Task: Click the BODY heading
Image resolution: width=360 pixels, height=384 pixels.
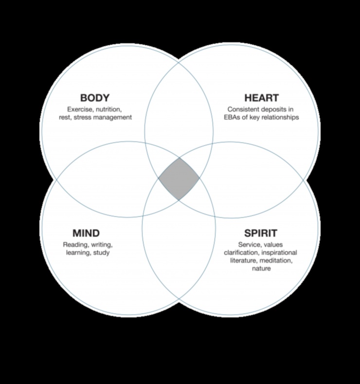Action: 95,98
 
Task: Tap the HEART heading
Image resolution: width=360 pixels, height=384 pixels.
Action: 261,98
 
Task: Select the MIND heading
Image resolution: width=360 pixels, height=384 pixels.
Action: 86,233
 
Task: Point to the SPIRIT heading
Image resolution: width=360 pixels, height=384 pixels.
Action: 260,233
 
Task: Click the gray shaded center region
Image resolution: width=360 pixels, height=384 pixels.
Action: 179,179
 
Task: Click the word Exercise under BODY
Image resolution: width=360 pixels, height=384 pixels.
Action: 80,109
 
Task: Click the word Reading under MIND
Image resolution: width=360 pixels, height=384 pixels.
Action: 74,244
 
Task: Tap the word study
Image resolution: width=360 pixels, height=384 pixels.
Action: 101,253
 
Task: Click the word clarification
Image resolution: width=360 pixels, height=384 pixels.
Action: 239,253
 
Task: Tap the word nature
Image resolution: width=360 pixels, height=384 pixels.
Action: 261,269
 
